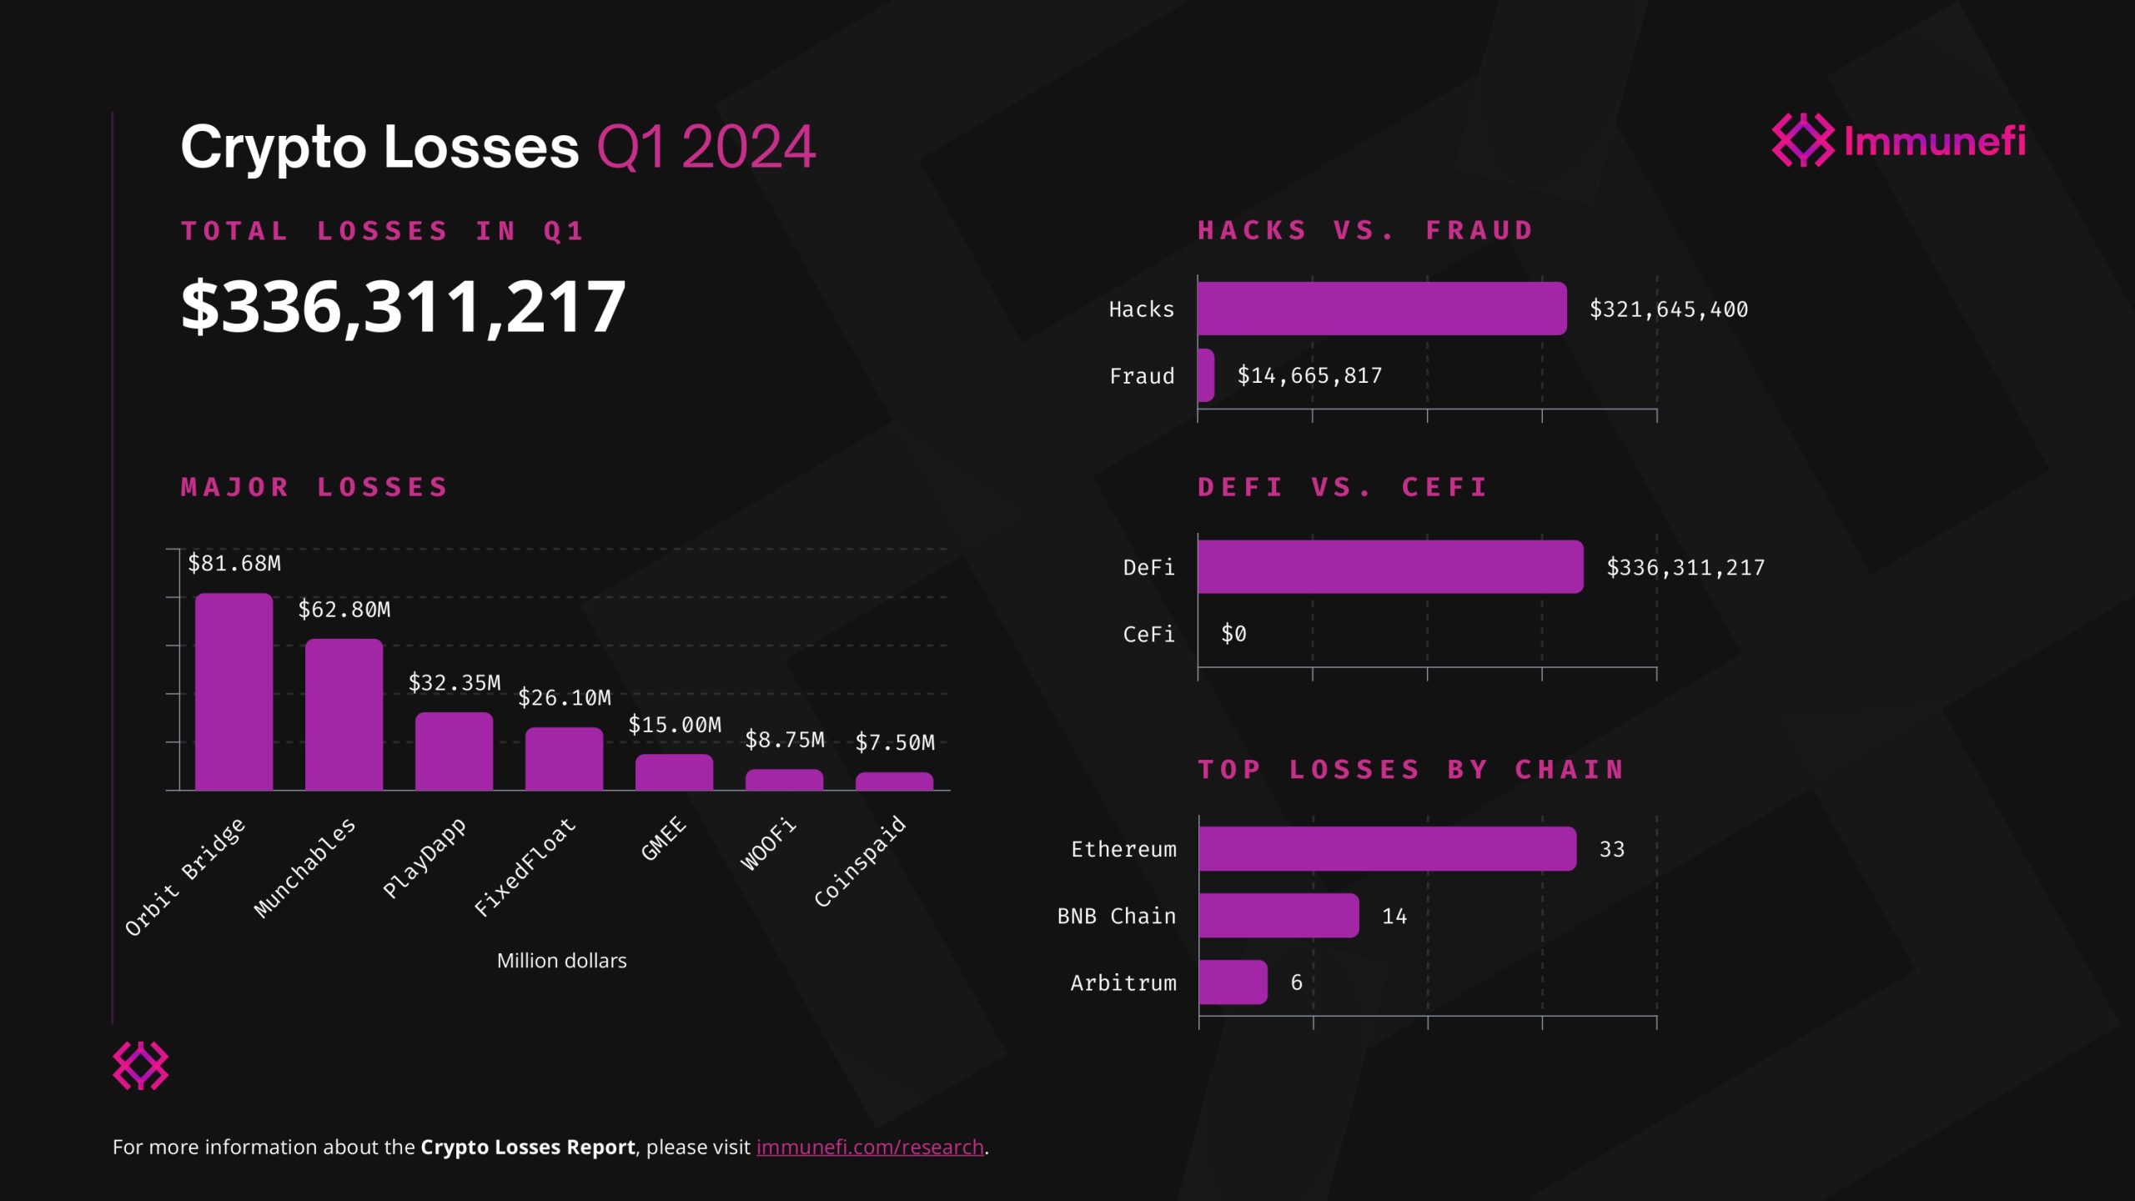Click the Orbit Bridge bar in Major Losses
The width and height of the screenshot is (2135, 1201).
click(x=234, y=691)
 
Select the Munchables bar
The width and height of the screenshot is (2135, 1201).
click(x=344, y=715)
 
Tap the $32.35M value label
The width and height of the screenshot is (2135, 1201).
click(x=455, y=683)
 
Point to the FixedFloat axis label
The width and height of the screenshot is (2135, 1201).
click(x=525, y=867)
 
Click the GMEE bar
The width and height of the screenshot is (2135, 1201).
click(x=674, y=772)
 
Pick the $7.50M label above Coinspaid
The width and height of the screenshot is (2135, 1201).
click(x=895, y=742)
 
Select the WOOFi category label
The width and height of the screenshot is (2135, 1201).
click(x=768, y=845)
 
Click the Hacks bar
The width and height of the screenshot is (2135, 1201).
click(x=1381, y=309)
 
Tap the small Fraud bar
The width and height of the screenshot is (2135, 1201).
click(x=1206, y=375)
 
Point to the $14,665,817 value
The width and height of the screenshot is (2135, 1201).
click(x=1309, y=375)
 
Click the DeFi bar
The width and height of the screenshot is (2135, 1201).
click(x=1389, y=567)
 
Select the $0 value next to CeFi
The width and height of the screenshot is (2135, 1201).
click(x=1233, y=634)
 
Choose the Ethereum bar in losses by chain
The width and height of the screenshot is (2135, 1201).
click(x=1387, y=849)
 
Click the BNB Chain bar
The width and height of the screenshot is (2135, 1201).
click(x=1278, y=916)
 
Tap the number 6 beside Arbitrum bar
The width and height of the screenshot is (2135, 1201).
click(x=1296, y=982)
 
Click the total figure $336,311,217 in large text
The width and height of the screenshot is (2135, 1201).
click(x=403, y=307)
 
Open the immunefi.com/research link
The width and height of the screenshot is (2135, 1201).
click(x=870, y=1148)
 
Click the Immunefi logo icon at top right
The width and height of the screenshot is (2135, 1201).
click(x=1802, y=140)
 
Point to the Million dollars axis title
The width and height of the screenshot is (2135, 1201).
click(x=561, y=961)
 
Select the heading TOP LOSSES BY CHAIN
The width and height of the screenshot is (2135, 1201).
click(x=1411, y=769)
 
